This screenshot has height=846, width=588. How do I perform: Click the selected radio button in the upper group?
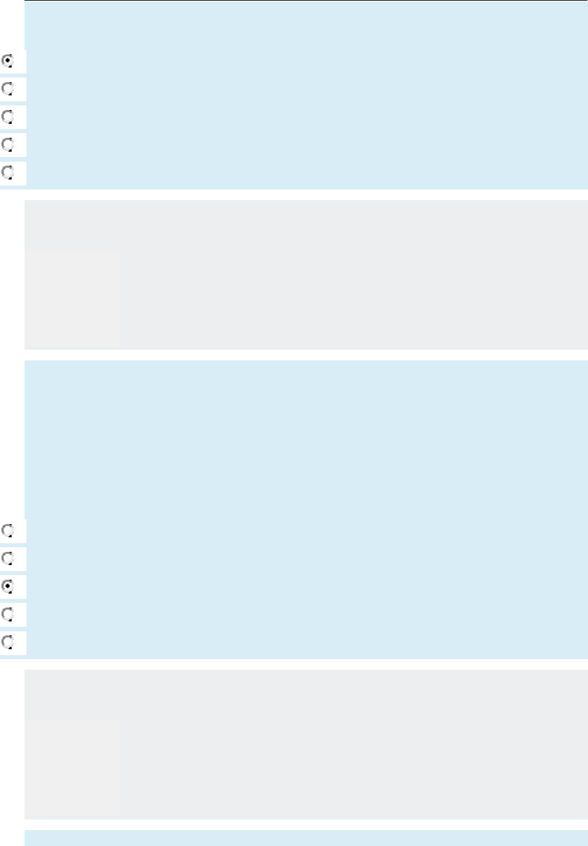[8, 61]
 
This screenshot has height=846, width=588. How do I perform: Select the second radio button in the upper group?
[8, 89]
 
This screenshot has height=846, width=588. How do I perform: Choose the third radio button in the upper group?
[8, 117]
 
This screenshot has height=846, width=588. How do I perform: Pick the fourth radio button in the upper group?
[8, 144]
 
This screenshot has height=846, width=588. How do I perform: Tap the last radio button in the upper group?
[8, 172]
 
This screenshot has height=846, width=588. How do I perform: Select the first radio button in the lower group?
[8, 531]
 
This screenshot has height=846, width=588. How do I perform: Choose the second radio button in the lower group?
[8, 558]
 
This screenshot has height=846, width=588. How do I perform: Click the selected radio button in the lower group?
[8, 586]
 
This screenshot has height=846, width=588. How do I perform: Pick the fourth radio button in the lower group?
[8, 614]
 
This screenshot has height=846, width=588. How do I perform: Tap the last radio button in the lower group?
[8, 642]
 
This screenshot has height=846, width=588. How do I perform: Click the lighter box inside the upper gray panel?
[73, 299]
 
